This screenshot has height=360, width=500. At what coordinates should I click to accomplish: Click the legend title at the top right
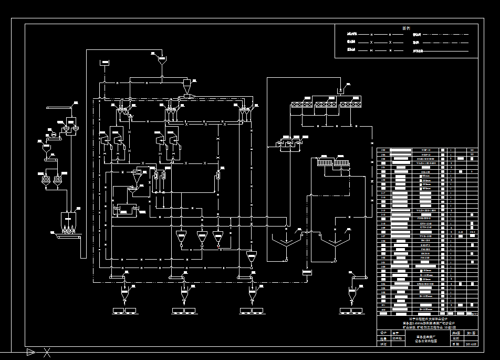pyautogui.click(x=406, y=28)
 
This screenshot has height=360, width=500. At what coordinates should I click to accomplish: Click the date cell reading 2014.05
pyautogui.click(x=471, y=344)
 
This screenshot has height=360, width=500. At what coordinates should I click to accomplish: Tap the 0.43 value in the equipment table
pyautogui.click(x=461, y=231)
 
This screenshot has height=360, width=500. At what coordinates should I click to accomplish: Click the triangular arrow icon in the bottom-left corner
pyautogui.click(x=31, y=352)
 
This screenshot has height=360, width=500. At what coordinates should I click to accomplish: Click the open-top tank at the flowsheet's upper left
pyautogui.click(x=105, y=63)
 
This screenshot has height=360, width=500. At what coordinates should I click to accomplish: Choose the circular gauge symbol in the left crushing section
pyautogui.click(x=53, y=135)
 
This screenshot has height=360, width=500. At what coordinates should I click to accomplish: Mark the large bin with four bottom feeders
pyautogui.click(x=69, y=221)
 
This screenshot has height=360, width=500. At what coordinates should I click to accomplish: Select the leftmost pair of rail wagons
pyautogui.click(x=124, y=311)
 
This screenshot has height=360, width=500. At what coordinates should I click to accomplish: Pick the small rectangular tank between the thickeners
pyautogui.click(x=307, y=272)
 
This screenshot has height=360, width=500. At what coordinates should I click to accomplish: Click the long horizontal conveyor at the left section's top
pyautogui.click(x=59, y=108)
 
